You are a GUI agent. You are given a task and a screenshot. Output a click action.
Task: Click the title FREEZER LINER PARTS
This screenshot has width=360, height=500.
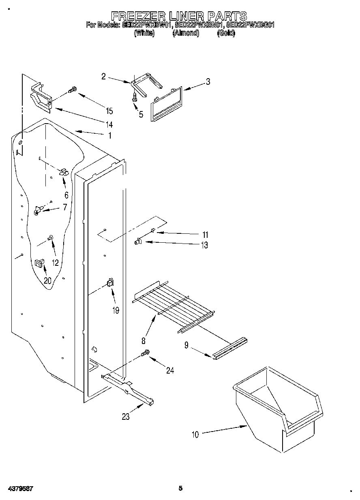(179, 16)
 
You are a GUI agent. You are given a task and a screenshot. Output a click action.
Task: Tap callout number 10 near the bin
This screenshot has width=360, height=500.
(195, 435)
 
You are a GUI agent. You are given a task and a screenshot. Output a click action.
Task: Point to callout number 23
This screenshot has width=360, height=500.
(126, 417)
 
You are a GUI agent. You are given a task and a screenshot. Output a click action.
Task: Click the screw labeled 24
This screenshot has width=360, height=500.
(145, 354)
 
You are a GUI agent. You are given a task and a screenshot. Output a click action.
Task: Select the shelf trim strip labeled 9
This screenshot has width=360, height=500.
(231, 348)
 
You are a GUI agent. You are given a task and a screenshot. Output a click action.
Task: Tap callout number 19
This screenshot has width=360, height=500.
(116, 310)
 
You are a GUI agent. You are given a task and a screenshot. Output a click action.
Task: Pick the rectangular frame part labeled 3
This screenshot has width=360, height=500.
(166, 103)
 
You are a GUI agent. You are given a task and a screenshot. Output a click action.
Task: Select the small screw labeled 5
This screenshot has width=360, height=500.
(134, 97)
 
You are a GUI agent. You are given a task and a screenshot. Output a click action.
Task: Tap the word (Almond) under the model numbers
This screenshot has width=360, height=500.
(186, 34)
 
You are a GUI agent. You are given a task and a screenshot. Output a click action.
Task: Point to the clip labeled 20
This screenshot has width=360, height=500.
(39, 263)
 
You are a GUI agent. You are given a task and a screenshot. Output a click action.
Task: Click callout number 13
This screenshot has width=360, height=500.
(204, 245)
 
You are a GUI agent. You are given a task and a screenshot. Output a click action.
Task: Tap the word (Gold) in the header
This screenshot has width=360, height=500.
(226, 34)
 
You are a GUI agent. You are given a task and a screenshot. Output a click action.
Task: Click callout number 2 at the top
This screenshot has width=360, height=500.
(104, 76)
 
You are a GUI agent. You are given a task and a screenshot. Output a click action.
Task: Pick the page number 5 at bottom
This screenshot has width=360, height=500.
(181, 489)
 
